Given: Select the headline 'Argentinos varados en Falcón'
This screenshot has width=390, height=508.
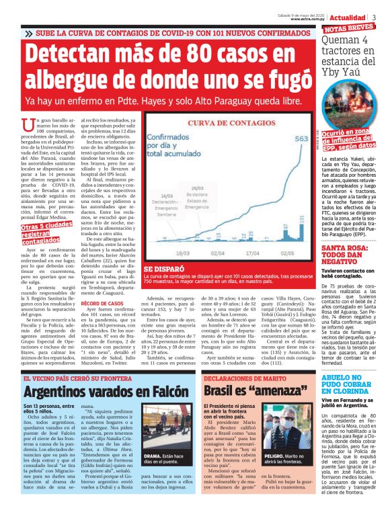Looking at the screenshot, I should point(96,390).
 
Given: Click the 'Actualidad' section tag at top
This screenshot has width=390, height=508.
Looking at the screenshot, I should point(348,15).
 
